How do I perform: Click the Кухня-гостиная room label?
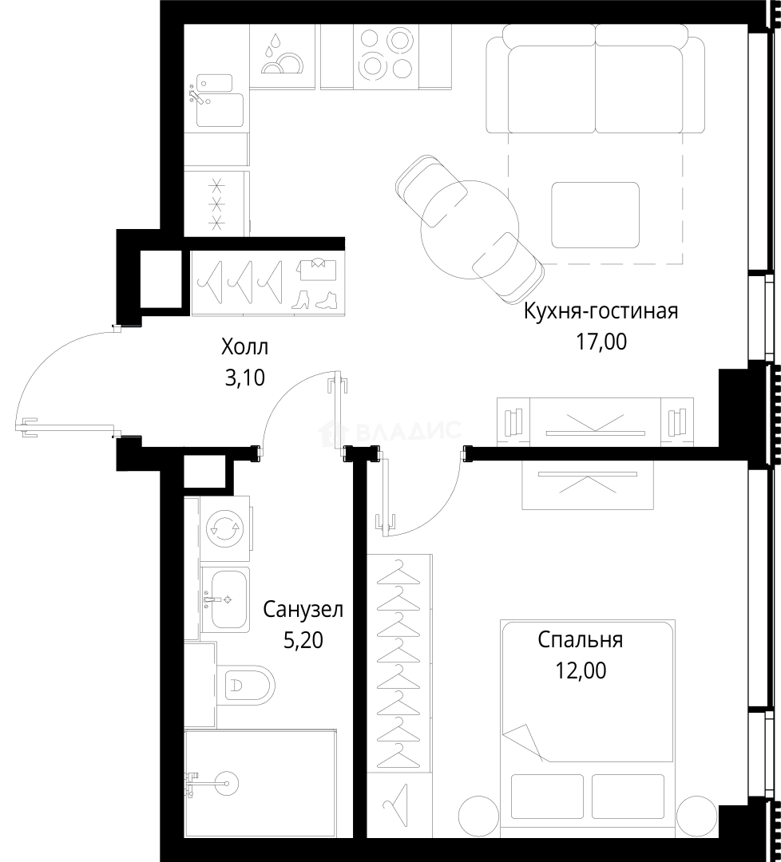tap(601, 312)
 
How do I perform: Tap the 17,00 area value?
tap(601, 342)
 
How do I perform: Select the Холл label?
tap(244, 347)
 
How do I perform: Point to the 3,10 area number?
tap(244, 378)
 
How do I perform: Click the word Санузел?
tap(303, 610)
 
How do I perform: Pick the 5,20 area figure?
tap(303, 640)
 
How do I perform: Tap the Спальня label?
tap(581, 640)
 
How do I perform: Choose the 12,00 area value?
tap(581, 670)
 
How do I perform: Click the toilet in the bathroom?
tap(246, 685)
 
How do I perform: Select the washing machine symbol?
tap(224, 528)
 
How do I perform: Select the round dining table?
tap(470, 229)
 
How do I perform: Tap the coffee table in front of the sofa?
tap(596, 215)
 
